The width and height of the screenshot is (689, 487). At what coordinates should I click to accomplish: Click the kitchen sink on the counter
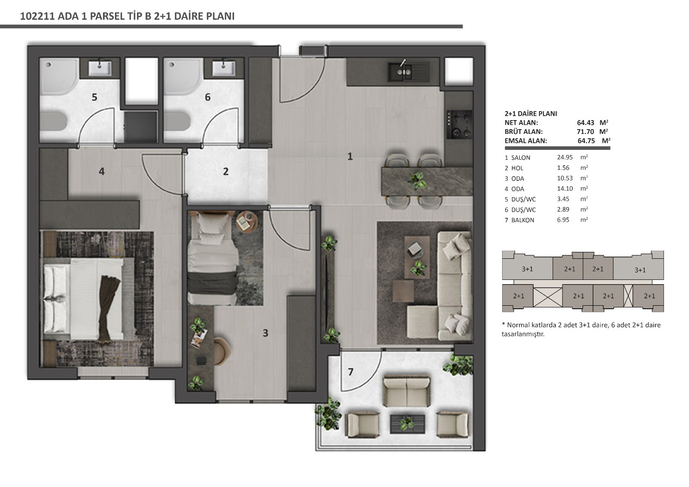click(408, 72)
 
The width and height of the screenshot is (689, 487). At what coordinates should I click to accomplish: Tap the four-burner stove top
click(459, 124)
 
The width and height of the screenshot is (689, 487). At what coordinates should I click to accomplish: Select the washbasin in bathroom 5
click(99, 68)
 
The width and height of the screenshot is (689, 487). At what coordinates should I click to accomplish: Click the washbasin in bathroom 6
click(224, 68)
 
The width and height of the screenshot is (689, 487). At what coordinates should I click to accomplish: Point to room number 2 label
click(226, 171)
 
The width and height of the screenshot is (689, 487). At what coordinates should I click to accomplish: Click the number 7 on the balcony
click(351, 372)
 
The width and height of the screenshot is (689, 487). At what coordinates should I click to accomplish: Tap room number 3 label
click(265, 333)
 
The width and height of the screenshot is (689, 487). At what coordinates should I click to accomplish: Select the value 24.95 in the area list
click(565, 157)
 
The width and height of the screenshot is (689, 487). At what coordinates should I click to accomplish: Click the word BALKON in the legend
click(523, 220)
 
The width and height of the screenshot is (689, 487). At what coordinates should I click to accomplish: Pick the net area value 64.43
click(585, 122)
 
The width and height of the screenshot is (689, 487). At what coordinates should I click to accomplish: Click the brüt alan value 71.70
click(585, 132)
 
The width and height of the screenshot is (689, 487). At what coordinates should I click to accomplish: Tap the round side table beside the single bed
click(247, 221)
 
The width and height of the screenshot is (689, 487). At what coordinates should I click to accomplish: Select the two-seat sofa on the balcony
click(407, 391)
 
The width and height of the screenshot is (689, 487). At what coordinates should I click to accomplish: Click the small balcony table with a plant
click(407, 424)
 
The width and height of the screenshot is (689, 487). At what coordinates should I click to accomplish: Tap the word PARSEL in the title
click(106, 16)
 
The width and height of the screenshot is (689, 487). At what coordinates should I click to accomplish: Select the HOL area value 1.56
click(563, 168)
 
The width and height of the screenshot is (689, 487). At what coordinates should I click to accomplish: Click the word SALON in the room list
click(521, 158)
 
